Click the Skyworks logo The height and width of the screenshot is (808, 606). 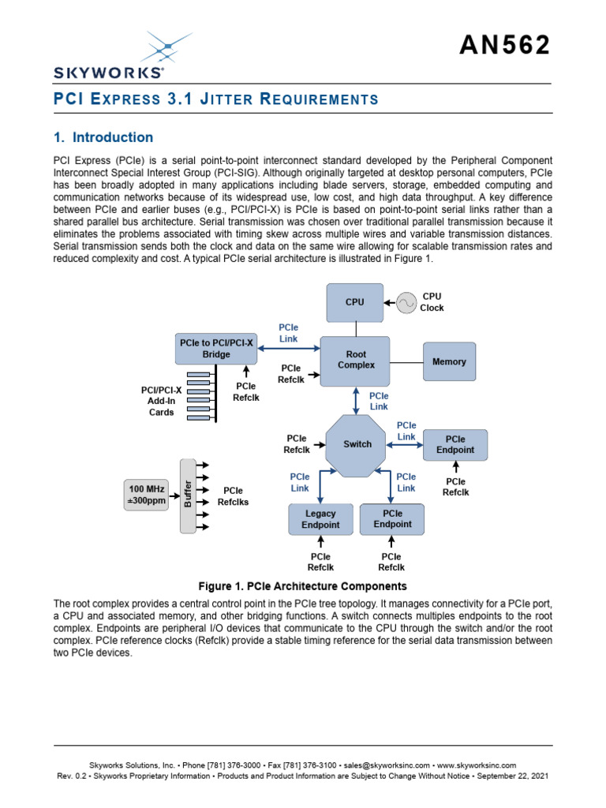(x=109, y=55)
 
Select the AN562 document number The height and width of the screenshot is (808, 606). (x=505, y=46)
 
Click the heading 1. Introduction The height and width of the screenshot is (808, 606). (x=103, y=137)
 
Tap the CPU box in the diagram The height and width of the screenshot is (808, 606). (x=354, y=302)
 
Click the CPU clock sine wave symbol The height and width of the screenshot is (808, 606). (x=406, y=302)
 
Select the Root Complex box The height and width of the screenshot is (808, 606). (x=355, y=361)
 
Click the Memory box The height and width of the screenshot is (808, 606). (x=449, y=361)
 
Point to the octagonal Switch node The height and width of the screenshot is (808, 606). (x=357, y=444)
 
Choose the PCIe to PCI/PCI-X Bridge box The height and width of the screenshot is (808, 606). (x=216, y=349)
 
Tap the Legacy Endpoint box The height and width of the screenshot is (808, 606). (x=320, y=519)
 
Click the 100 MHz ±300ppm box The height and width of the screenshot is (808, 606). (x=147, y=495)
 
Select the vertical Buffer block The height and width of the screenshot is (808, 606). (x=188, y=495)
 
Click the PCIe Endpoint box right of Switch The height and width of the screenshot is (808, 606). (x=455, y=445)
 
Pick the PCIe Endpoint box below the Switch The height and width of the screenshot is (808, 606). (x=391, y=518)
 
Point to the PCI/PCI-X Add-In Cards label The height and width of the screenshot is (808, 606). (x=161, y=401)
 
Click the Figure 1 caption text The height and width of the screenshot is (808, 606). (x=303, y=586)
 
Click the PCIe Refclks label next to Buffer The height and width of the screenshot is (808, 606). (x=234, y=496)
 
